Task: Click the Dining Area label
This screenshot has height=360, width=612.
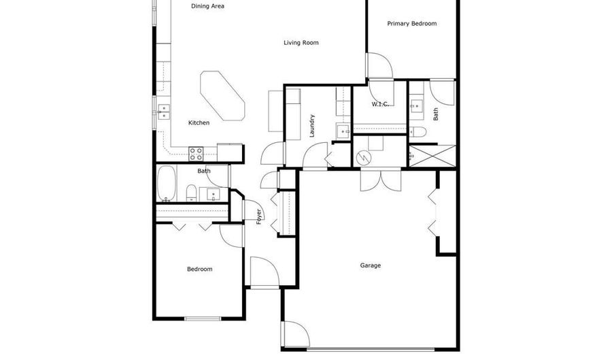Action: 207,6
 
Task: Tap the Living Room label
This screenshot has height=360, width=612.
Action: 301,43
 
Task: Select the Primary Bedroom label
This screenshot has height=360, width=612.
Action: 412,23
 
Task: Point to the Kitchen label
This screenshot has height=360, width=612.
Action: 199,122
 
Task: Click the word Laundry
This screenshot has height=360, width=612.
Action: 312,126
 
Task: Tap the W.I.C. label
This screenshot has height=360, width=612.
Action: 380,104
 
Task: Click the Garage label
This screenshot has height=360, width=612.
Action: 371,265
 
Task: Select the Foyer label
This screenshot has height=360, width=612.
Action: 259,216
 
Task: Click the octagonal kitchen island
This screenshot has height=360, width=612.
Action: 222,96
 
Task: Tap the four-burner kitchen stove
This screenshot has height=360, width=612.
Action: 196,154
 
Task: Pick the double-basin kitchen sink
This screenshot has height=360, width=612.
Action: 163,112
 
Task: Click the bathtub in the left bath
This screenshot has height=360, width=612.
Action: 167,183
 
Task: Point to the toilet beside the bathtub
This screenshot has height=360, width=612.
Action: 191,193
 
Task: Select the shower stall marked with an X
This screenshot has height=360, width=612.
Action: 432,157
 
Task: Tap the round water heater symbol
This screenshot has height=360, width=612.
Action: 364,158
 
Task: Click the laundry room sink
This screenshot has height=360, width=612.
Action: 343,131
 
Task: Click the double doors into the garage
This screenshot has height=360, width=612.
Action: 381,180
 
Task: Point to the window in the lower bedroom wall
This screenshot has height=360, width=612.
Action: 203,318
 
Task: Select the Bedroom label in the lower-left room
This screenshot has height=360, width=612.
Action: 200,269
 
